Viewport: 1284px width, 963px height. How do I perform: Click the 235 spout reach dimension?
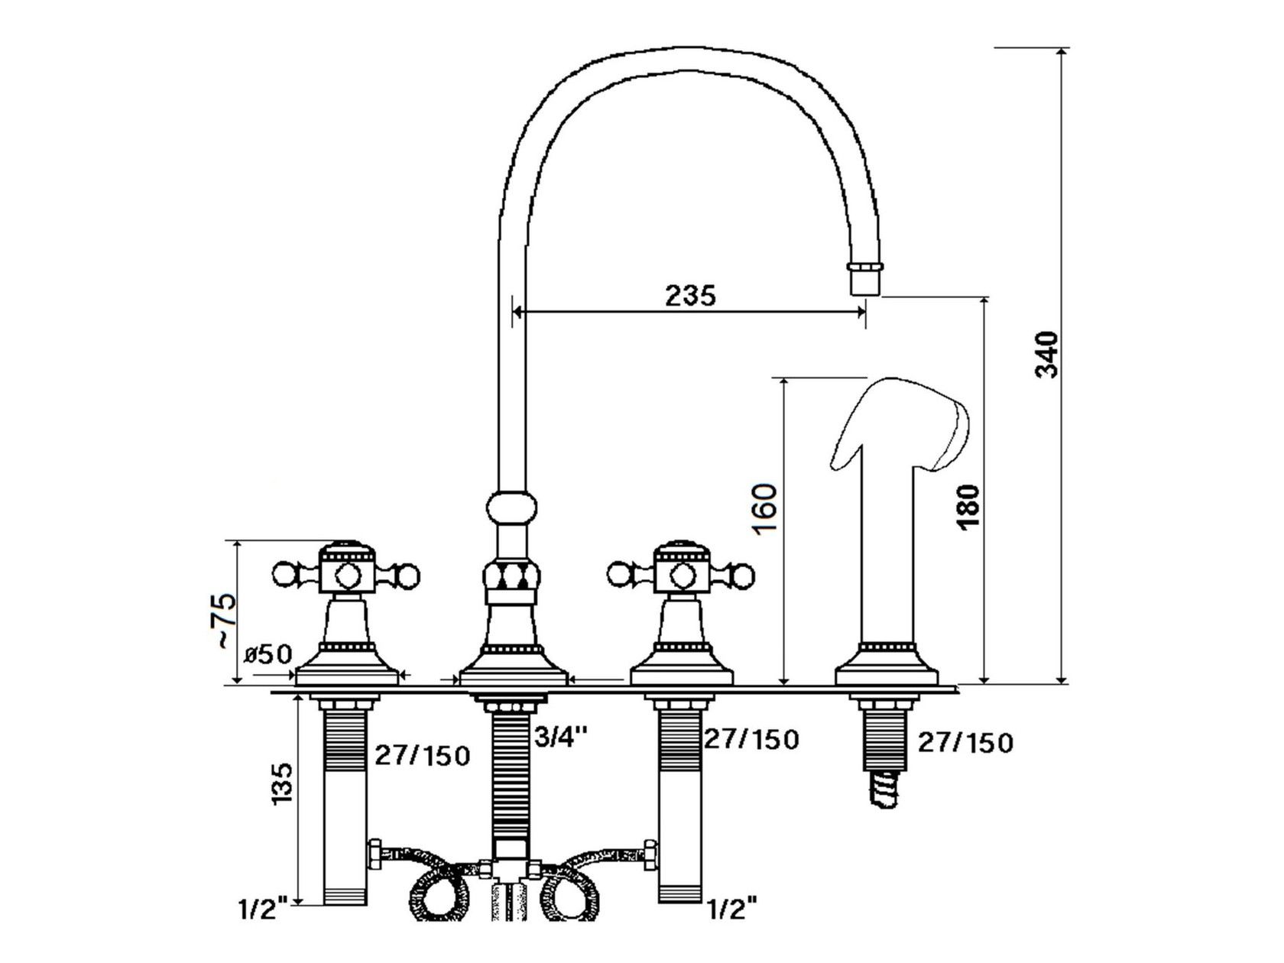(690, 295)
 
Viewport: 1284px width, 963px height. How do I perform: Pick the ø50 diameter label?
(268, 654)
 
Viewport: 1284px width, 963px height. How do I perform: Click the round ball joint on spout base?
(511, 507)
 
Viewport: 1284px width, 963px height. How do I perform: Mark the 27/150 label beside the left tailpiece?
(421, 755)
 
